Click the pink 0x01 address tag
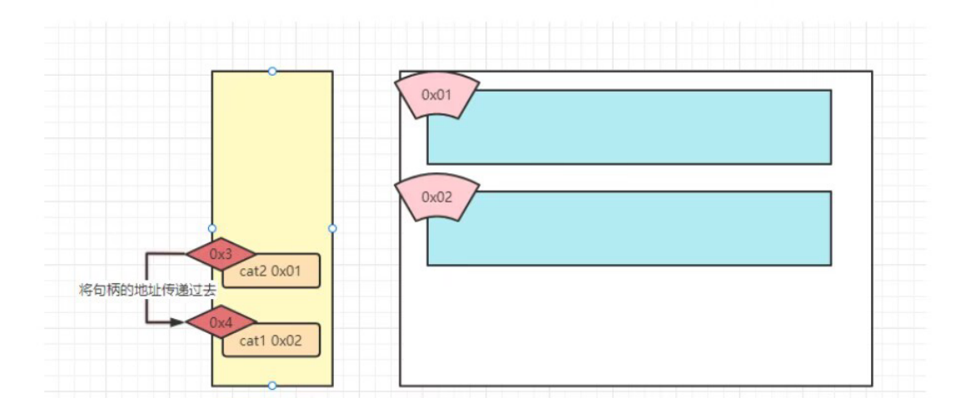[436, 95]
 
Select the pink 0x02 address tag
[436, 197]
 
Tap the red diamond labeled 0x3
[221, 252]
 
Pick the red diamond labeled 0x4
[221, 321]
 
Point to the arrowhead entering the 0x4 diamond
[177, 321]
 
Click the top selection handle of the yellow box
[272, 72]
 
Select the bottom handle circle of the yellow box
[272, 386]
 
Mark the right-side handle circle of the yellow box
[332, 228]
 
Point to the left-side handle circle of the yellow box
[212, 228]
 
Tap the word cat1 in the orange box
[252, 341]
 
